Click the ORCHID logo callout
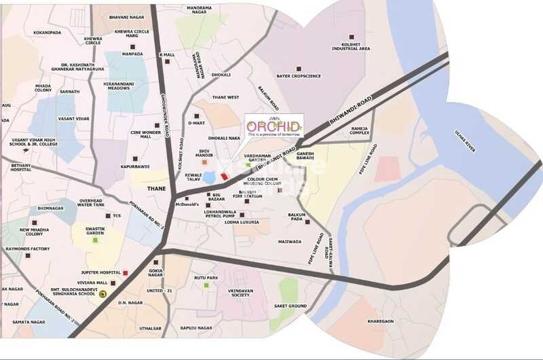(x=274, y=128)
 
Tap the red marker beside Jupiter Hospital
(x=126, y=272)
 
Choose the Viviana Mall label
(x=93, y=282)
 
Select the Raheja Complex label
(x=359, y=130)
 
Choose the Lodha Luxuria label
(x=242, y=222)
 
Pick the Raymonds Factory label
(x=27, y=249)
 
